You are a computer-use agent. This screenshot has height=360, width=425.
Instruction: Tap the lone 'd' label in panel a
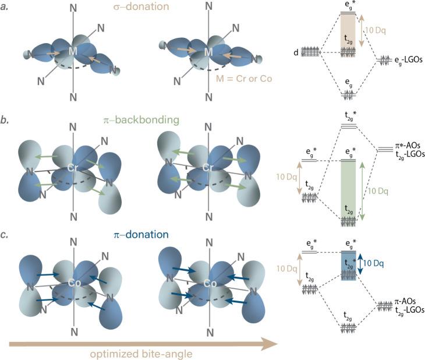coord(296,52)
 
